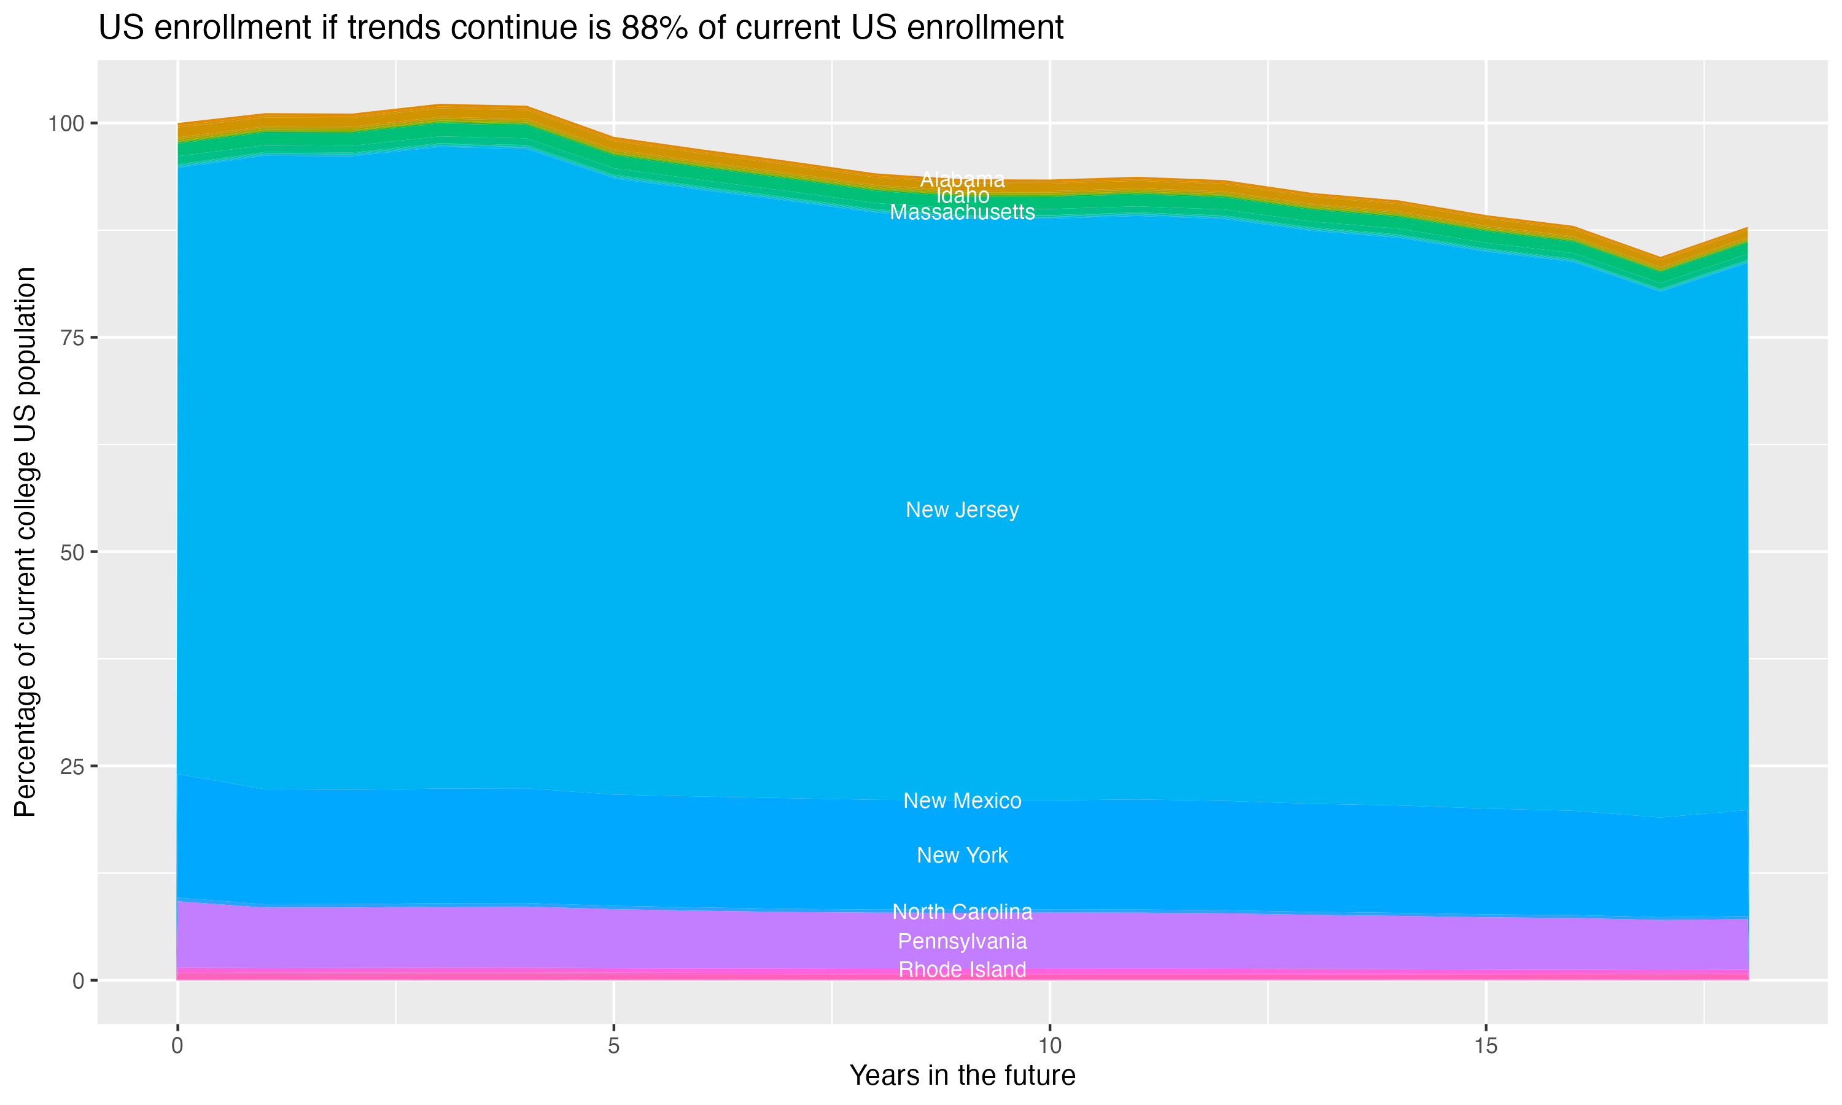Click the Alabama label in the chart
pos(962,179)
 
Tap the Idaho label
pos(962,196)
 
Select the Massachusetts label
pos(962,212)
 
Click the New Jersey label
pos(962,510)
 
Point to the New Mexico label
pos(962,801)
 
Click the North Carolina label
pos(962,912)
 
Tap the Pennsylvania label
pos(962,941)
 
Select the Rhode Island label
pos(962,969)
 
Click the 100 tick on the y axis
pos(68,123)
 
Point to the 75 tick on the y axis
pos(72,337)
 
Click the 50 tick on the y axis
pos(72,552)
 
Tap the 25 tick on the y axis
pos(72,766)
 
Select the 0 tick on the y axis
pos(77,980)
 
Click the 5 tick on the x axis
pos(613,1046)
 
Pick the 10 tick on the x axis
pos(1049,1046)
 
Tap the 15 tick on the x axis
pos(1485,1046)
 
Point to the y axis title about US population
pos(25,542)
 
